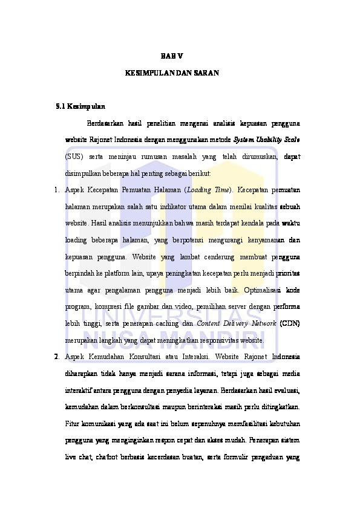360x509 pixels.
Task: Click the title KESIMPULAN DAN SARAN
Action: pos(172,73)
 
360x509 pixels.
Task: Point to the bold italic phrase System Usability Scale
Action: pos(267,140)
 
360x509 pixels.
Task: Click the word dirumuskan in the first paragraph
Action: pos(254,157)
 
